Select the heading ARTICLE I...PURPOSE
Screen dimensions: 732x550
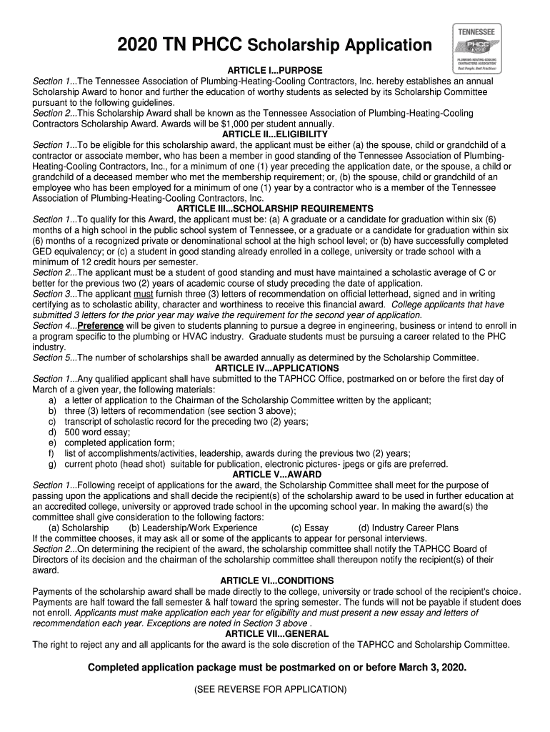click(275, 71)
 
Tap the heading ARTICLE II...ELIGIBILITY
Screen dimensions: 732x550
click(275, 134)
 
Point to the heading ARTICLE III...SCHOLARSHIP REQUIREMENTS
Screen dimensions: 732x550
click(275, 209)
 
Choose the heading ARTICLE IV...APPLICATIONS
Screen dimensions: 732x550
click(275, 368)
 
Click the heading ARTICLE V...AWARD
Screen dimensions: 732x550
click(275, 475)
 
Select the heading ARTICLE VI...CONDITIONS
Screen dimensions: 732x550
click(275, 580)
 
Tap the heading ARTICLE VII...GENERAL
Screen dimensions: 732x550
click(275, 634)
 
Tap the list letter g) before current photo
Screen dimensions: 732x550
click(52, 464)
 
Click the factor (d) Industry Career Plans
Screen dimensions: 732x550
click(408, 528)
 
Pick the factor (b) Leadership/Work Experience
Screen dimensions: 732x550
click(193, 528)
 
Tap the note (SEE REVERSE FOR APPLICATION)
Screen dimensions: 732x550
click(275, 690)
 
